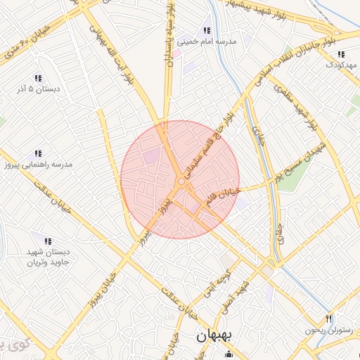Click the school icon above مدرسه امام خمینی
point(207,30)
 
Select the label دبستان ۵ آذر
point(39,89)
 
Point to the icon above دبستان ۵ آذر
point(38,78)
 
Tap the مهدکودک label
point(342,65)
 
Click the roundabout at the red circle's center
point(181,182)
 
